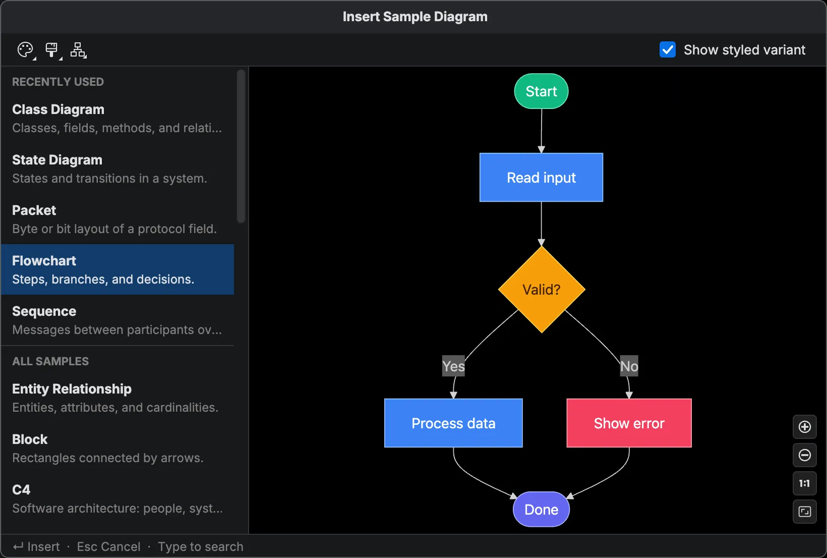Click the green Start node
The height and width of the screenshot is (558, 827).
(541, 91)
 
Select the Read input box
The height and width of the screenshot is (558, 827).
(541, 178)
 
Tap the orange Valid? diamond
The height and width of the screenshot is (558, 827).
(541, 290)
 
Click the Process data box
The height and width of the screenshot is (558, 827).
(453, 423)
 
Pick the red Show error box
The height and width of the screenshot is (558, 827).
(629, 423)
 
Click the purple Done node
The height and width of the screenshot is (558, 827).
(541, 510)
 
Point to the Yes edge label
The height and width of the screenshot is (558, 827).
(453, 366)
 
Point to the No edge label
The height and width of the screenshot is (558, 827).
(629, 366)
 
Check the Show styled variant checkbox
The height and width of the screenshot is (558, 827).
(668, 49)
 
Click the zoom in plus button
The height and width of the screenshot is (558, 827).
(804, 427)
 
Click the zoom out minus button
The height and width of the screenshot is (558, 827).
(804, 455)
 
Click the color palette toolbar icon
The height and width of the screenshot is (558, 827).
(25, 49)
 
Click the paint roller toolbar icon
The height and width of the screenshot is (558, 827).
(51, 49)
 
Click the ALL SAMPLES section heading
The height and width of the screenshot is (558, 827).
(50, 361)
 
